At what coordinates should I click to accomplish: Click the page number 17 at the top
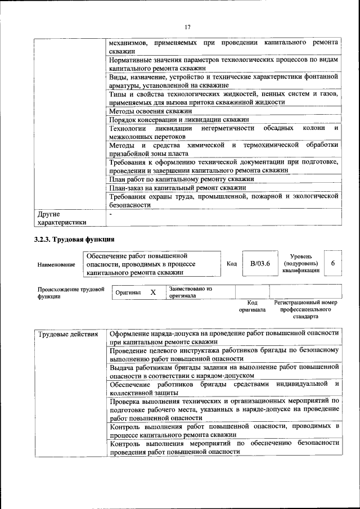click(188, 26)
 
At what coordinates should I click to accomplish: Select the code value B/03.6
click(260, 263)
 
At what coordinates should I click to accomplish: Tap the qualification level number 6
click(332, 263)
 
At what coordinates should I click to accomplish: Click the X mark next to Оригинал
click(152, 292)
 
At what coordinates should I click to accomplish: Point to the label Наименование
click(56, 264)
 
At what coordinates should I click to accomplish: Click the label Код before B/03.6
click(231, 263)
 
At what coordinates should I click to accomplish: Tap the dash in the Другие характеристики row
click(111, 214)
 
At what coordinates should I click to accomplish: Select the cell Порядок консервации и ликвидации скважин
click(179, 120)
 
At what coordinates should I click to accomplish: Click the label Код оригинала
click(251, 306)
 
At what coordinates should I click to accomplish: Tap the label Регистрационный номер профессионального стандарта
click(305, 309)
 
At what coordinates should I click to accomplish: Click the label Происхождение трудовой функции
click(70, 292)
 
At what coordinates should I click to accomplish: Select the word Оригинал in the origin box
click(128, 292)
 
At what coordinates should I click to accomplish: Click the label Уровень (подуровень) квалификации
click(301, 263)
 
